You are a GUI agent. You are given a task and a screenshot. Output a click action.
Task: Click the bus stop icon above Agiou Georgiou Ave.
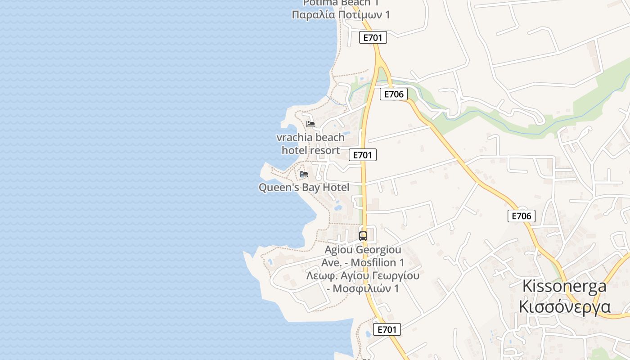point(363,236)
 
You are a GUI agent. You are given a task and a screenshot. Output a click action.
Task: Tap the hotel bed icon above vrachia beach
point(310,124)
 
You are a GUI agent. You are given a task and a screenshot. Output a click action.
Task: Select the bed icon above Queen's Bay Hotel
point(304,174)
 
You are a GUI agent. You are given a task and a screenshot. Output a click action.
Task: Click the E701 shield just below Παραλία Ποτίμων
point(373,37)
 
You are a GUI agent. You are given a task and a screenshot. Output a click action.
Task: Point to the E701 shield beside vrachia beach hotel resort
point(362,155)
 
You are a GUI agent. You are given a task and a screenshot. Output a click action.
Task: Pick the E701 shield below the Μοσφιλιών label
point(387,329)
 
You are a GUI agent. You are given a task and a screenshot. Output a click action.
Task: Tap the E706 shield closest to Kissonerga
point(522,216)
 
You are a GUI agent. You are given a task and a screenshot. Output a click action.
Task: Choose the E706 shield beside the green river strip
point(394,94)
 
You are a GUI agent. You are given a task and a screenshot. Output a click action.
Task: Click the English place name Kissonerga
point(564,286)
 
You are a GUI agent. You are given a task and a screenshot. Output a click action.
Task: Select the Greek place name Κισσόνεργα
point(564,307)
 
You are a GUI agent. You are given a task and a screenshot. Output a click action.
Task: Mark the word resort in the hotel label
point(325,150)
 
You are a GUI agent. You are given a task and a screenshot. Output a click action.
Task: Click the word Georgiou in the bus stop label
point(378,249)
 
